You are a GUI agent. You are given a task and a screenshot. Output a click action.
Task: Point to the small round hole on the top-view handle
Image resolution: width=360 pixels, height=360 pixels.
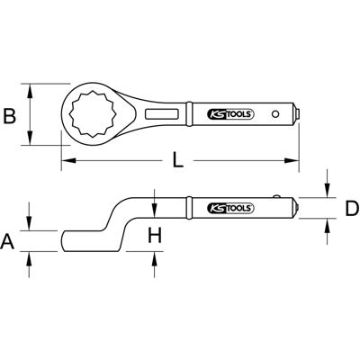pyautogui.click(x=290, y=114)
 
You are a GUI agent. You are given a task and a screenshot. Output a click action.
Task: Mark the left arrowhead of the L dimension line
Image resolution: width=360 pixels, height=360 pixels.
pyautogui.click(x=65, y=162)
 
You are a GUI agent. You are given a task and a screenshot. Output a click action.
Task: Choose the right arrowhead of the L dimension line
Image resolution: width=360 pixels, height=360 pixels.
pyautogui.click(x=296, y=162)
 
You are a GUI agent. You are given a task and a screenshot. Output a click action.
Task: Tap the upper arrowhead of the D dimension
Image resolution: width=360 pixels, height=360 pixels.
pyautogui.click(x=326, y=191)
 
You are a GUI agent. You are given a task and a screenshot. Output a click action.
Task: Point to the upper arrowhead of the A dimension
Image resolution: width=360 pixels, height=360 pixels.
pyautogui.click(x=31, y=224)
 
